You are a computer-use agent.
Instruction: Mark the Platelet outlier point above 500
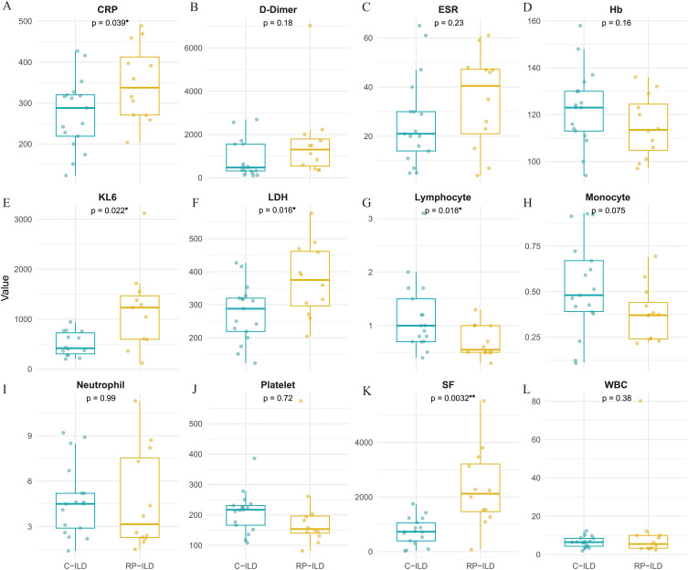(301, 400)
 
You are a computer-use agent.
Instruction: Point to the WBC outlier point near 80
(640, 401)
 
